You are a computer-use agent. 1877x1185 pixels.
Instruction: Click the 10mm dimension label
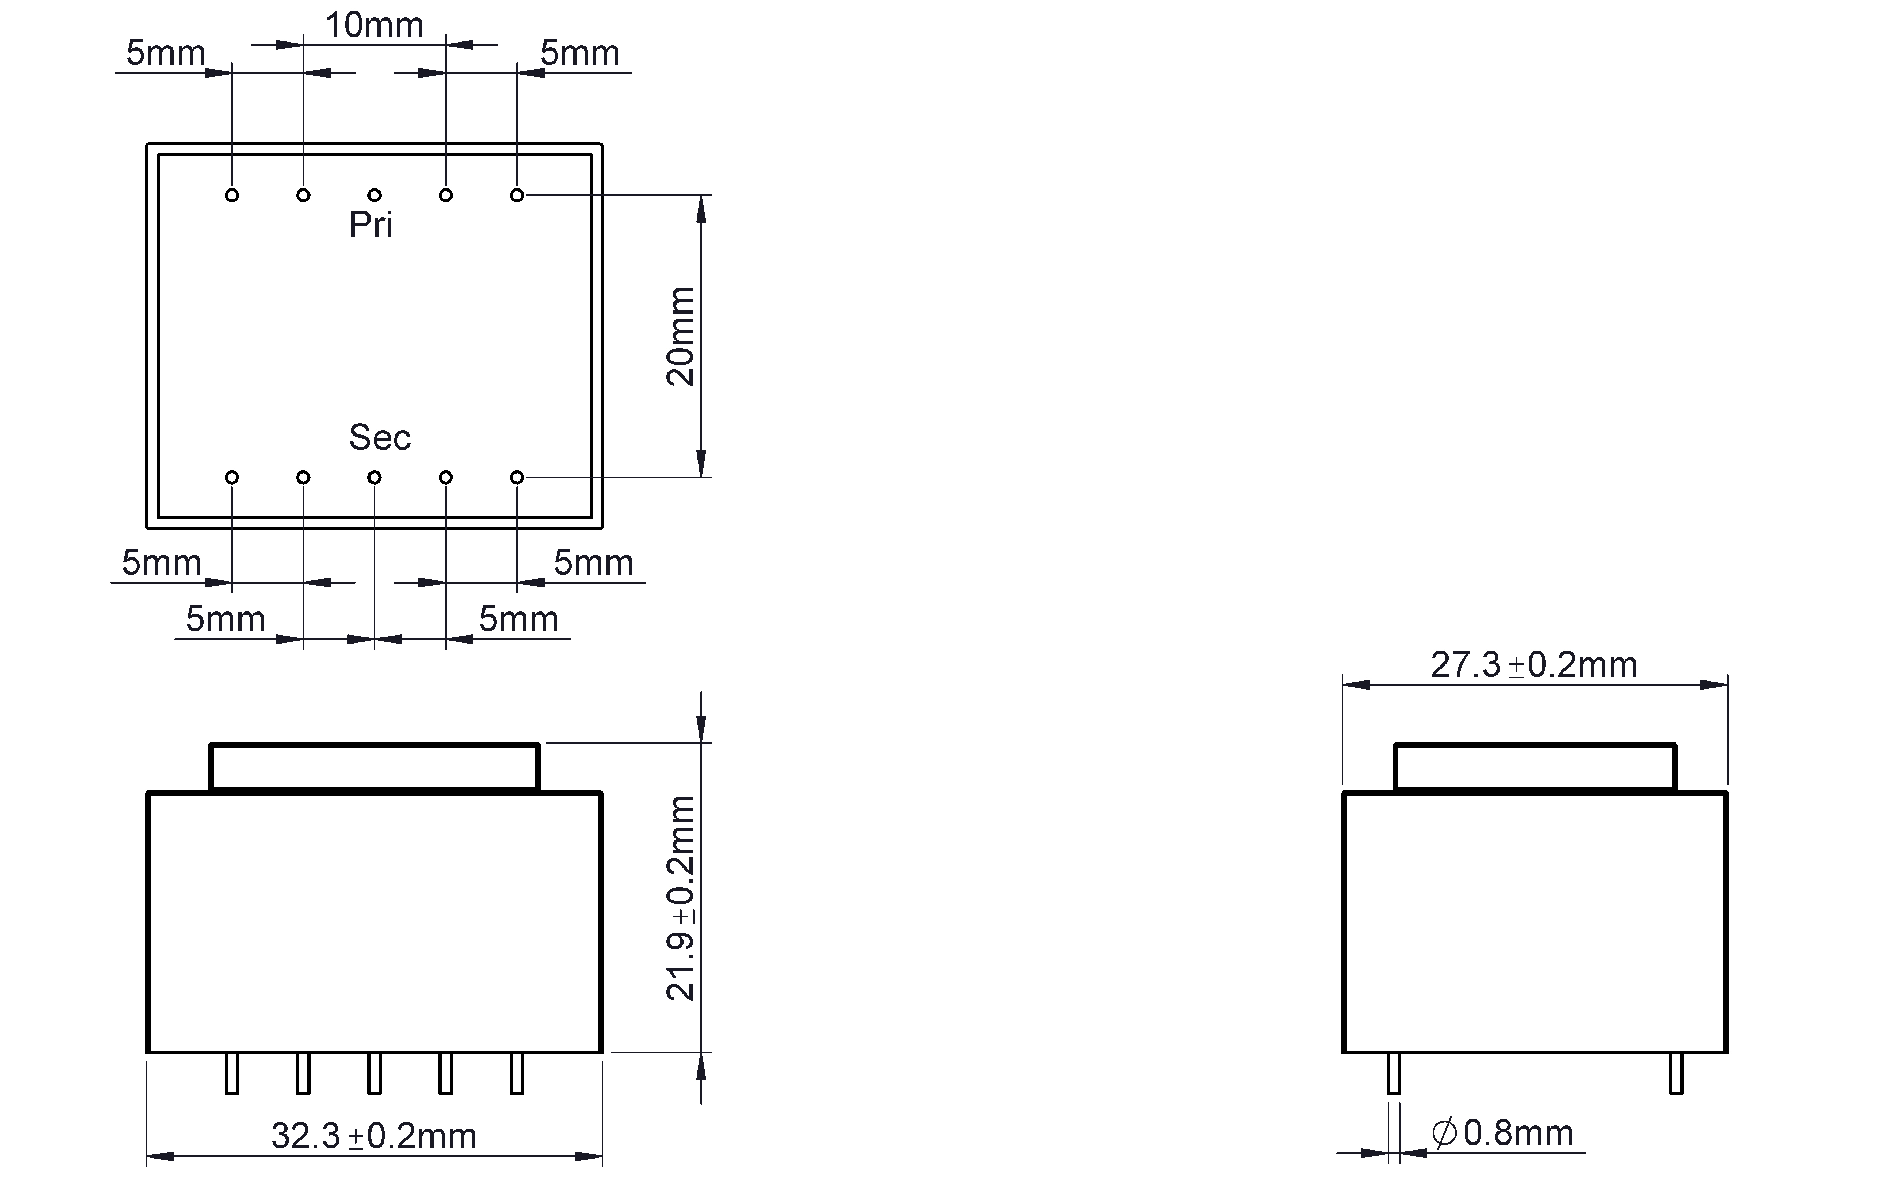(374, 26)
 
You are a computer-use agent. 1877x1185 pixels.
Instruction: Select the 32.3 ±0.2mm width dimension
(374, 1136)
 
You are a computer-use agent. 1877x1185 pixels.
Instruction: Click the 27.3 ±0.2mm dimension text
(1534, 664)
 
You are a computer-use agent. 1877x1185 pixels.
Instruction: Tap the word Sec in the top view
(380, 437)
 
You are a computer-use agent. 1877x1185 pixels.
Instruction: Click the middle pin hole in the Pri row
(374, 195)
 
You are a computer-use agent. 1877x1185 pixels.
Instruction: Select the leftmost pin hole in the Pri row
(231, 195)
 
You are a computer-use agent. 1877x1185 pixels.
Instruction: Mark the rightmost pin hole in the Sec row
(517, 477)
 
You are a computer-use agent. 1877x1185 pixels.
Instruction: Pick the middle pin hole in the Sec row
(374, 477)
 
